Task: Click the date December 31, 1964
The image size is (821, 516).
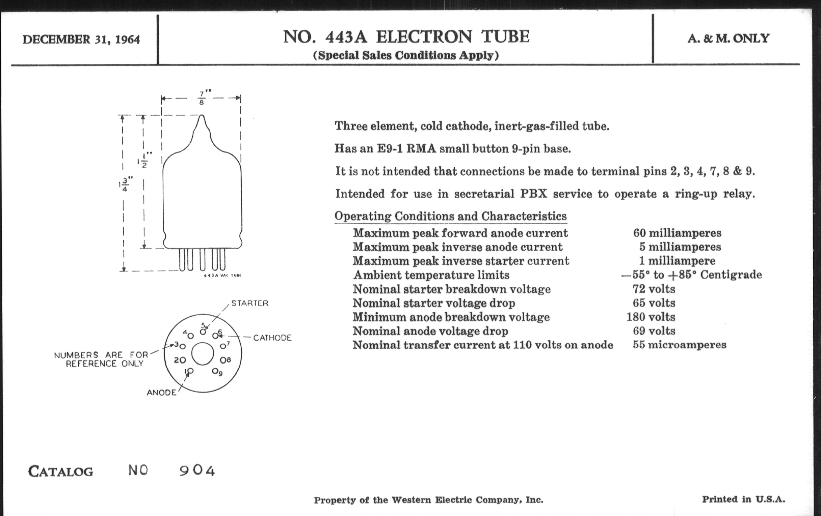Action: tap(81, 39)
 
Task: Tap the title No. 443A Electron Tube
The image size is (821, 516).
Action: tap(406, 37)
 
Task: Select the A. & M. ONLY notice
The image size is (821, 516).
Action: tap(728, 38)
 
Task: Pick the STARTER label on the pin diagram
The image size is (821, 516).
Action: tap(249, 303)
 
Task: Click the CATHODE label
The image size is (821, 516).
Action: tap(272, 338)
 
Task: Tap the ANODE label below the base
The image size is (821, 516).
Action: tap(161, 393)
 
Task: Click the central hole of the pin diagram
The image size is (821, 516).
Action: tap(203, 354)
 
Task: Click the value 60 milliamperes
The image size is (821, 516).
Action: tap(677, 233)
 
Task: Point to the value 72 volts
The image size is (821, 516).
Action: tap(654, 289)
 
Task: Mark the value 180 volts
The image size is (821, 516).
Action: tap(651, 317)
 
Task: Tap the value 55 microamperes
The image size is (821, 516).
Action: tap(679, 345)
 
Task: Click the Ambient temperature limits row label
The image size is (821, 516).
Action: tap(431, 275)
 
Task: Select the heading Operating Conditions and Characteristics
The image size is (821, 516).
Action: tap(450, 216)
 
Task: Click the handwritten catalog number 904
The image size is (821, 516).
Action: tap(197, 471)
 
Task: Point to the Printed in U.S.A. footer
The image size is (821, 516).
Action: tap(743, 499)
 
